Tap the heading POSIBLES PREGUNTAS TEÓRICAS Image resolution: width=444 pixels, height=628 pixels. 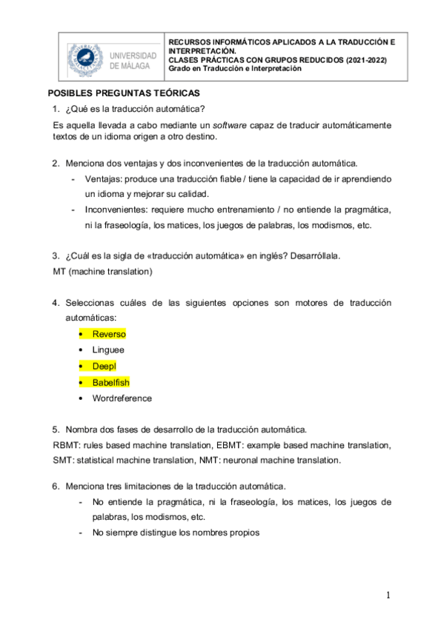click(124, 94)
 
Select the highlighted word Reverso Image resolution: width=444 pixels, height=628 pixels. click(109, 334)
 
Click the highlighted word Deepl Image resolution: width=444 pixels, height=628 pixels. click(105, 366)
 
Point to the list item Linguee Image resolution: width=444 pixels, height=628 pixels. click(108, 350)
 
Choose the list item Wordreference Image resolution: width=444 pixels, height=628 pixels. click(122, 398)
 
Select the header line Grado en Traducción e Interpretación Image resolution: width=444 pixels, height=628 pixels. click(236, 69)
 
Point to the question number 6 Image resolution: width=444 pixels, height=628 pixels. click(55, 486)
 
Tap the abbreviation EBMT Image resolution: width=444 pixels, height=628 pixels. click(229, 444)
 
